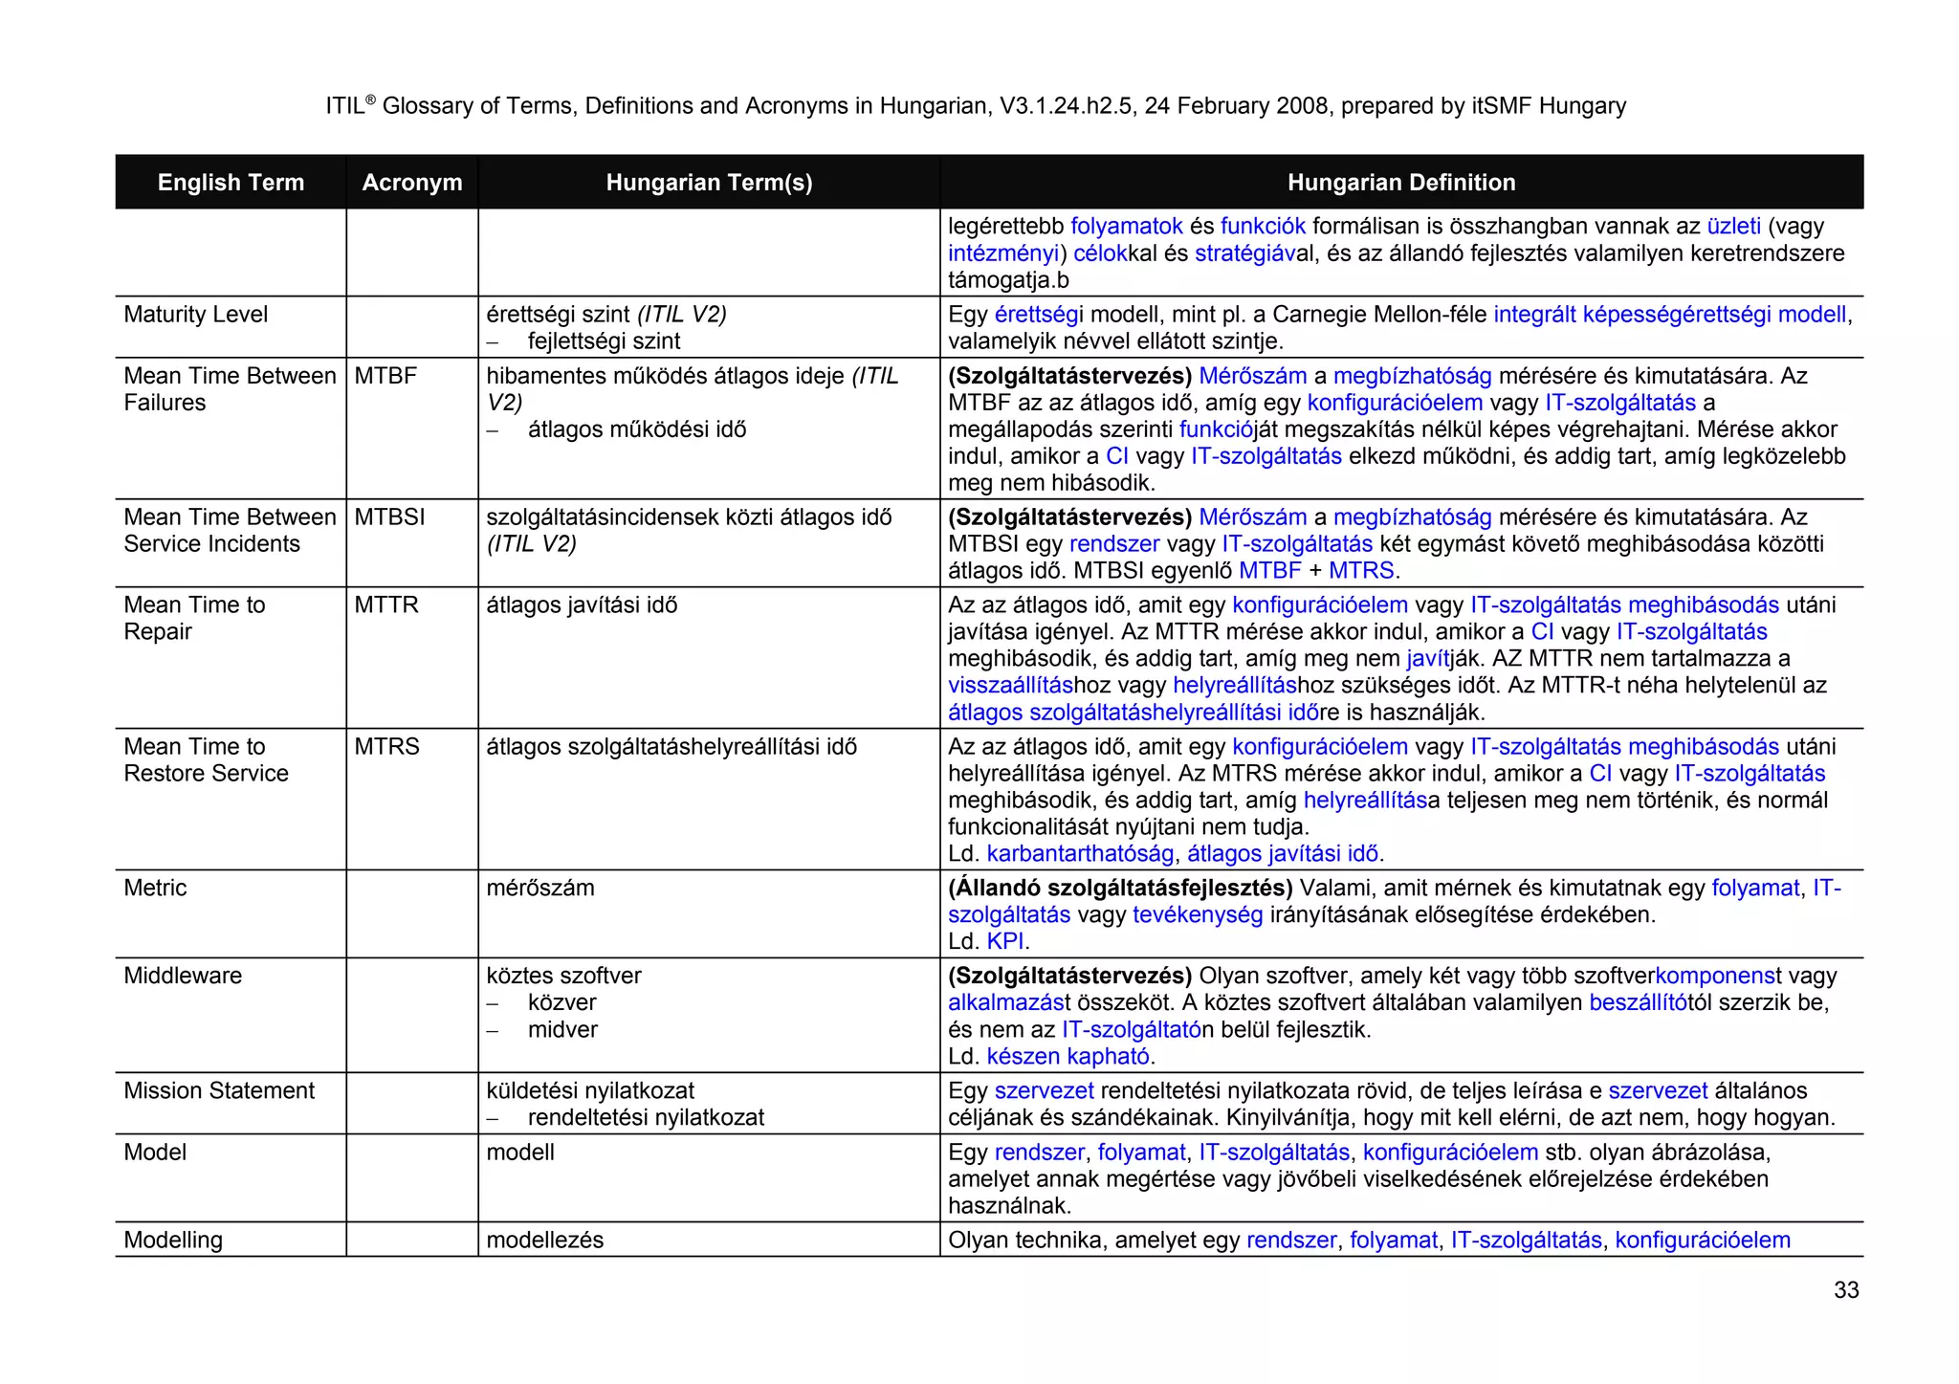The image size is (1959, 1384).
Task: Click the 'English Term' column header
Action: click(231, 183)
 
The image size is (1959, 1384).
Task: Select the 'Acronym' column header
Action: click(411, 183)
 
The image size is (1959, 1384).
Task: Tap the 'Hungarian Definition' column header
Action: click(1400, 183)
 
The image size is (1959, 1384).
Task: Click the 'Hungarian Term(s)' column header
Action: click(709, 183)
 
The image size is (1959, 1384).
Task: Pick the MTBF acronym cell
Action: click(385, 376)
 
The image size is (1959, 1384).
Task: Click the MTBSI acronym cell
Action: click(389, 517)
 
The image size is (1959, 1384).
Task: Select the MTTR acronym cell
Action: click(386, 605)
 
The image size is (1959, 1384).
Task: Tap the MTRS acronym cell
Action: click(386, 747)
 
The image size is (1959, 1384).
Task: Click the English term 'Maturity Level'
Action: click(195, 315)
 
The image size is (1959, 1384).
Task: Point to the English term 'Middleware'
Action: click(183, 976)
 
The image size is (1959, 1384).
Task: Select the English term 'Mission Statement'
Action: click(219, 1090)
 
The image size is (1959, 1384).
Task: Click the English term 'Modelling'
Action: click(173, 1241)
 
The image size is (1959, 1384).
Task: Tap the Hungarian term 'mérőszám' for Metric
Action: click(539, 889)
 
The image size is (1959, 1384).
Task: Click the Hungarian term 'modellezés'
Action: click(544, 1241)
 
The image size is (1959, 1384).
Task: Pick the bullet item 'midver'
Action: click(562, 1030)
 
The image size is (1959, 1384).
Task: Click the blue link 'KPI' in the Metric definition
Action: click(1004, 942)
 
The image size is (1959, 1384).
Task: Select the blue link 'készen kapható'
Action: click(1068, 1057)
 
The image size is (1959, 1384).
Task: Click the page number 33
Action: click(1845, 1290)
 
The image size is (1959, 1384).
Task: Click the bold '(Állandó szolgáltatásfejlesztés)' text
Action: click(1119, 889)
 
